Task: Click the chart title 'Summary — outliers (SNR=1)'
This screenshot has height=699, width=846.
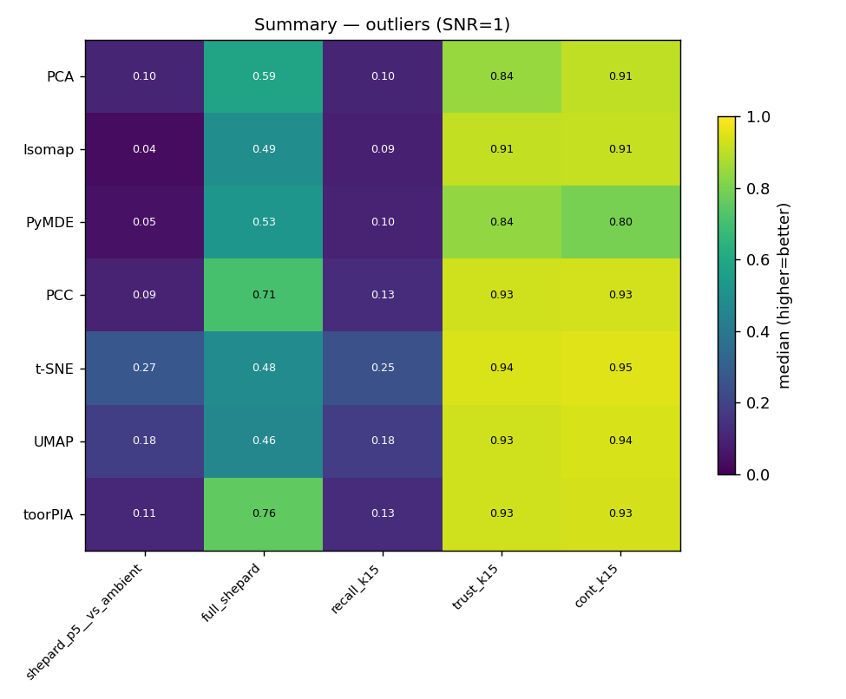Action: click(x=382, y=25)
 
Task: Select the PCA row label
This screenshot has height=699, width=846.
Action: click(x=61, y=76)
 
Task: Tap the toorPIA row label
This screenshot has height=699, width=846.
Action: click(x=48, y=514)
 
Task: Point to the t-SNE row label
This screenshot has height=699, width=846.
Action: click(x=54, y=369)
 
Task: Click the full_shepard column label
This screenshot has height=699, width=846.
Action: click(x=231, y=592)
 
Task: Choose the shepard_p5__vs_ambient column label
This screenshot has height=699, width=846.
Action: click(x=84, y=621)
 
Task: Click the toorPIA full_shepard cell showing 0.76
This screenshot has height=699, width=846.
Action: click(x=264, y=514)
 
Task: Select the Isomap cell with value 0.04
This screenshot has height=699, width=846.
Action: click(x=145, y=149)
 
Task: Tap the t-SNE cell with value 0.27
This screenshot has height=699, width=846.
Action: click(x=145, y=369)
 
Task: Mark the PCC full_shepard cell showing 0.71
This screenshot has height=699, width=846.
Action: click(x=264, y=296)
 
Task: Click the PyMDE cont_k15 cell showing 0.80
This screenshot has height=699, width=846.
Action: click(x=620, y=222)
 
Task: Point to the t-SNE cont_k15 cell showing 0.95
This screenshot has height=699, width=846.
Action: click(x=620, y=369)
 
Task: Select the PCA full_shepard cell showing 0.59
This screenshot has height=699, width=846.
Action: click(x=264, y=76)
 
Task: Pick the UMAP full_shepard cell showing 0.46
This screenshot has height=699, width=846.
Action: click(x=264, y=441)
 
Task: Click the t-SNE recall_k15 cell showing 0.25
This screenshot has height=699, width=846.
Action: click(x=383, y=369)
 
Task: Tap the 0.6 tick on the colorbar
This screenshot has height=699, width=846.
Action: click(x=738, y=260)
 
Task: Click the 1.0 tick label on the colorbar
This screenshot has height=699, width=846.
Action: click(x=758, y=117)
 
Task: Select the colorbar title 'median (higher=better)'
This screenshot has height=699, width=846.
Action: click(x=784, y=296)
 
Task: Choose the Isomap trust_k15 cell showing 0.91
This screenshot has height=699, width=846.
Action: click(x=502, y=149)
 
